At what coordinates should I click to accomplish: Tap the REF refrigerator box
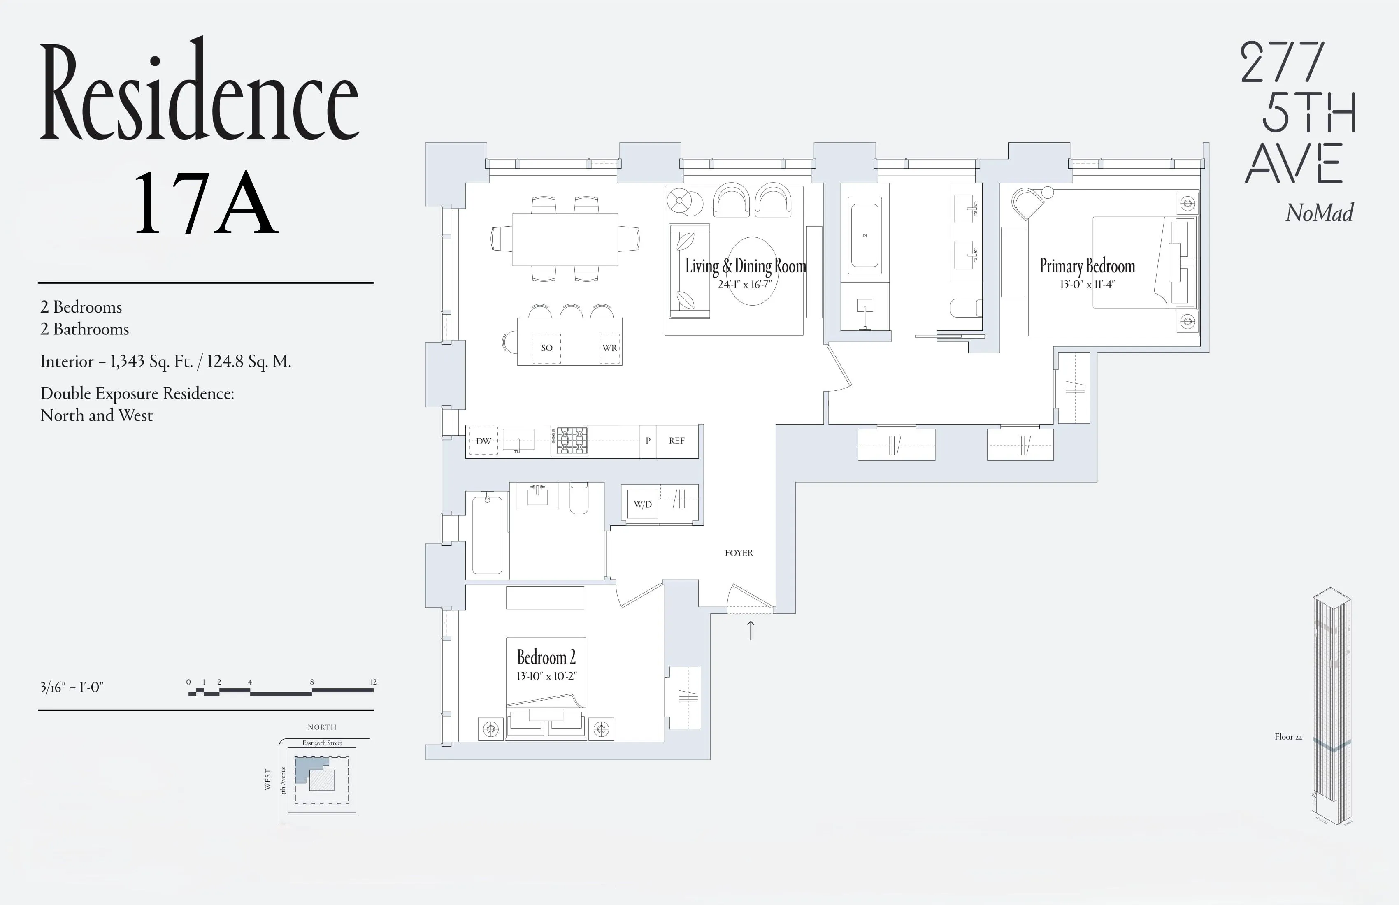point(676,441)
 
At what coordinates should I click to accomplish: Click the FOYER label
point(738,553)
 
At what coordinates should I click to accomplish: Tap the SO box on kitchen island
point(547,348)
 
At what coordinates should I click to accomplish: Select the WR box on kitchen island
point(609,348)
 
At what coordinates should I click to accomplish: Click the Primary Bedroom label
point(1087,266)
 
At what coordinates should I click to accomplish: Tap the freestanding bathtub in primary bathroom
point(864,235)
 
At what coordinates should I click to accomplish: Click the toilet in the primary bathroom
point(966,308)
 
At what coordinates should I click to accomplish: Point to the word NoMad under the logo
point(1319,213)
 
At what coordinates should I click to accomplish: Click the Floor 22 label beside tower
point(1288,737)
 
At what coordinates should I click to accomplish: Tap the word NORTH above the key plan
point(322,727)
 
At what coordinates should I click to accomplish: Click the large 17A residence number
point(205,203)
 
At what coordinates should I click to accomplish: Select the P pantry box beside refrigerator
point(648,441)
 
